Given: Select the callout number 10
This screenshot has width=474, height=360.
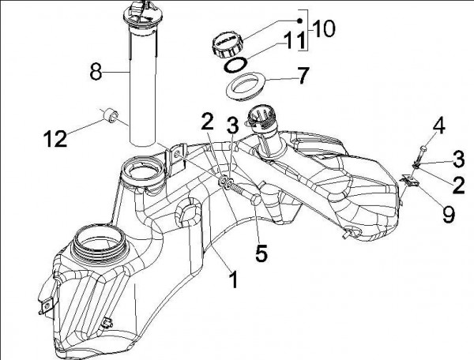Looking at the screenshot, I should click(x=324, y=28).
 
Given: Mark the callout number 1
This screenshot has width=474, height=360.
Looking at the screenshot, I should click(x=232, y=278).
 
